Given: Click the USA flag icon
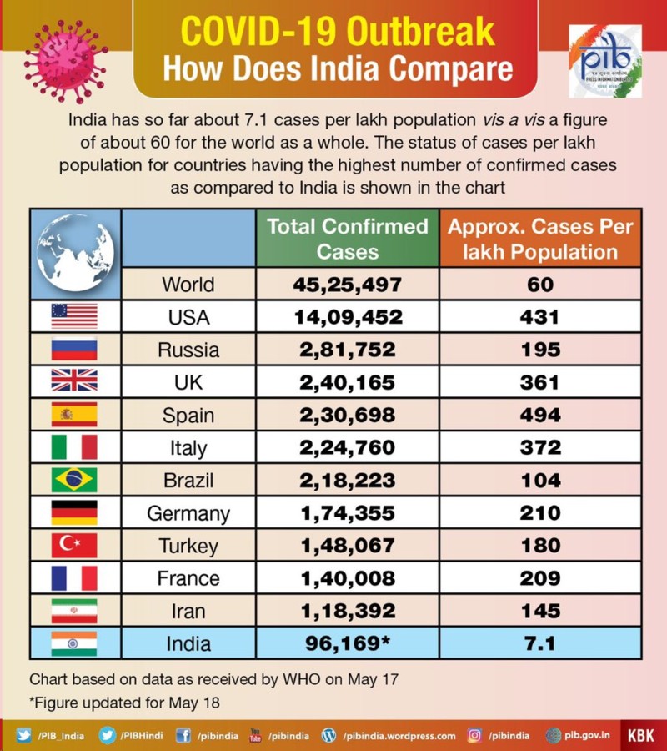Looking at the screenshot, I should [x=74, y=317].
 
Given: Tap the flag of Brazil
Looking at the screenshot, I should [x=74, y=481].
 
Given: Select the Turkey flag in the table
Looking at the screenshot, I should [x=74, y=546].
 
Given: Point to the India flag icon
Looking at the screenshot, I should [x=74, y=643].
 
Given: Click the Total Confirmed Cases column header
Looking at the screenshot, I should [x=348, y=239].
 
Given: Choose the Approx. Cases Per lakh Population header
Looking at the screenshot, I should [x=540, y=239].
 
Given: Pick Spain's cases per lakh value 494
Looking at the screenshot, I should [x=540, y=416].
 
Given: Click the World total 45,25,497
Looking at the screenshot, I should [x=348, y=285].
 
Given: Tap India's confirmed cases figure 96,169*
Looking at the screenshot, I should [x=348, y=643].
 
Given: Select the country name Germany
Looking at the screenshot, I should [x=188, y=513].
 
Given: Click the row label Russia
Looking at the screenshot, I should [x=188, y=350].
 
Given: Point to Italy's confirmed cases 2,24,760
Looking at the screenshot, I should [x=348, y=448].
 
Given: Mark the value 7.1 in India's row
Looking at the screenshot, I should [x=540, y=643].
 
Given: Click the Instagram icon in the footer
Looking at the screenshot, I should [x=474, y=736].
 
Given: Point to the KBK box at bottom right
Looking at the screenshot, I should [x=641, y=736].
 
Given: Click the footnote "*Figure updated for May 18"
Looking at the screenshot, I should [x=125, y=702].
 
